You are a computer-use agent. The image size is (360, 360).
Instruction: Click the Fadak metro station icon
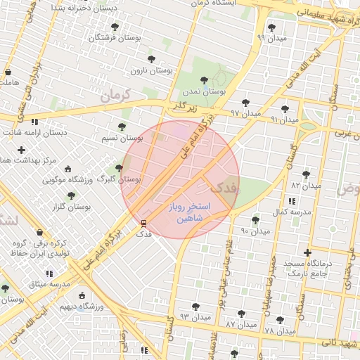[x=144, y=223]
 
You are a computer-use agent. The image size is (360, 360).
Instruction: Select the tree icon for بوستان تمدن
[x=204, y=81]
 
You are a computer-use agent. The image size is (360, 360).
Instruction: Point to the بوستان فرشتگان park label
[x=108, y=37]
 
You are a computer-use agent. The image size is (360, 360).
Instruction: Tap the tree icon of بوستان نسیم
[x=122, y=127]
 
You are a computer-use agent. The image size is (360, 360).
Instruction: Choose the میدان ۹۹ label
[x=271, y=37]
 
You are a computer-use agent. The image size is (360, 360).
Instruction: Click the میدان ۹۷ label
[x=246, y=112]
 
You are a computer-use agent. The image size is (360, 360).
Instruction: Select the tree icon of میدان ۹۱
[x=284, y=109]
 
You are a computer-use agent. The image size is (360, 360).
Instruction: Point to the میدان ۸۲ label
[x=306, y=186]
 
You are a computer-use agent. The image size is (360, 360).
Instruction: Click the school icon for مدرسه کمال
[x=292, y=201]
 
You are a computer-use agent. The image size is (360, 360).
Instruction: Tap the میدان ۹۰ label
[x=256, y=231]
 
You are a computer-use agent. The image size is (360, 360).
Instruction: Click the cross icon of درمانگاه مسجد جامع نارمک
[x=307, y=252]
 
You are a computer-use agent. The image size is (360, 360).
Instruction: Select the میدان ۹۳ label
[x=195, y=317]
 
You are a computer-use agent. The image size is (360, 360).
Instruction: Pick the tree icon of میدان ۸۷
[x=241, y=314]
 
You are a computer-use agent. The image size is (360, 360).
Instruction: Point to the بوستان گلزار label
[x=72, y=207]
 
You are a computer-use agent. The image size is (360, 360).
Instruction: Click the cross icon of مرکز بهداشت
[x=22, y=150]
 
